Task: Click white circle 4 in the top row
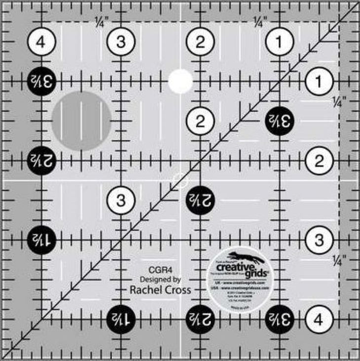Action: click(x=41, y=42)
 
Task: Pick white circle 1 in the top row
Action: click(x=280, y=42)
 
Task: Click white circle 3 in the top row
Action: click(x=121, y=42)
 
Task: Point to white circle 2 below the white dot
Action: click(x=200, y=121)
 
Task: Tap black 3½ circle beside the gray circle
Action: click(x=41, y=79)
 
